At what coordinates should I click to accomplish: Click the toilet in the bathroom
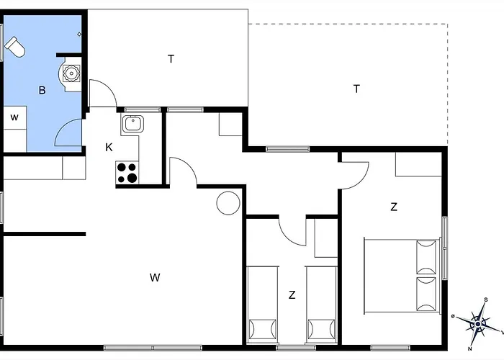pyautogui.click(x=15, y=47)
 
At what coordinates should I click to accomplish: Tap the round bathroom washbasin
pyautogui.click(x=71, y=73)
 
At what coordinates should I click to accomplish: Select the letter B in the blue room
pyautogui.click(x=42, y=90)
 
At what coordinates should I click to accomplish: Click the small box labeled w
pyautogui.click(x=15, y=117)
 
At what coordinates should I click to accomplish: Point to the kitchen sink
pyautogui.click(x=132, y=124)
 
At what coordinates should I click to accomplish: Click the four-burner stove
pyautogui.click(x=127, y=173)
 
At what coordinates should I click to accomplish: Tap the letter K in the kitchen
pyautogui.click(x=109, y=148)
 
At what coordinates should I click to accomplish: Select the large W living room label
pyautogui.click(x=155, y=277)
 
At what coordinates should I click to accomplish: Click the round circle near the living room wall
pyautogui.click(x=228, y=203)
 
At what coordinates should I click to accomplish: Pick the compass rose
pyautogui.click(x=478, y=324)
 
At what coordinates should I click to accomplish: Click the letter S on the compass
pyautogui.click(x=486, y=300)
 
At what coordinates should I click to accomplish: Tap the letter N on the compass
pyautogui.click(x=470, y=348)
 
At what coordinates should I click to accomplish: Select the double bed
pyautogui.click(x=402, y=276)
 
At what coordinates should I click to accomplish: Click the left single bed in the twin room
pyautogui.click(x=262, y=305)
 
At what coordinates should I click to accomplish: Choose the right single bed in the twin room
pyautogui.click(x=321, y=305)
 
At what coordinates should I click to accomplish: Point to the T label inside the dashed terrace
pyautogui.click(x=356, y=89)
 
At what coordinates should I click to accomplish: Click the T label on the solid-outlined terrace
pyautogui.click(x=171, y=59)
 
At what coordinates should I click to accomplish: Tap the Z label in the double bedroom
pyautogui.click(x=394, y=207)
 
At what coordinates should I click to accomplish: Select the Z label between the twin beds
pyautogui.click(x=292, y=294)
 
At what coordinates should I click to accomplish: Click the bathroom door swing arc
pyautogui.click(x=61, y=126)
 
